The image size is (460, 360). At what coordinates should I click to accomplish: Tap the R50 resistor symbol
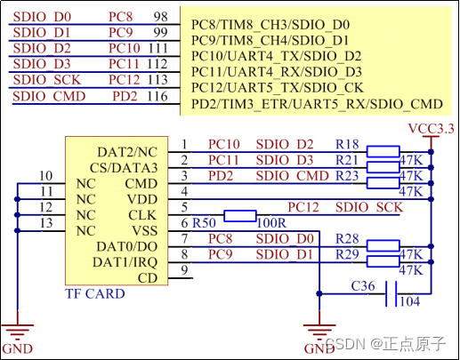click(241, 215)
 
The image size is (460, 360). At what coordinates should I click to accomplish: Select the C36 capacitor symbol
click(390, 294)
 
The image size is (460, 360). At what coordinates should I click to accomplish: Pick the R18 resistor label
click(347, 144)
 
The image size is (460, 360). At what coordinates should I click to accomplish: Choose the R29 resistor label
click(347, 255)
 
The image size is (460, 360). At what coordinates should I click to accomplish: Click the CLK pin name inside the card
click(142, 214)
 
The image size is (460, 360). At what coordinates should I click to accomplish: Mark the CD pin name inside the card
click(148, 277)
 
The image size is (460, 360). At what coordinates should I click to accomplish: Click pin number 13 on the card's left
click(47, 222)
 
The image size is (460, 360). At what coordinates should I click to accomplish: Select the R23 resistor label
click(347, 176)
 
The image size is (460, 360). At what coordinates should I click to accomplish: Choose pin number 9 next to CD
click(183, 270)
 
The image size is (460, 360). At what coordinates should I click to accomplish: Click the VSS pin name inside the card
click(142, 230)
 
